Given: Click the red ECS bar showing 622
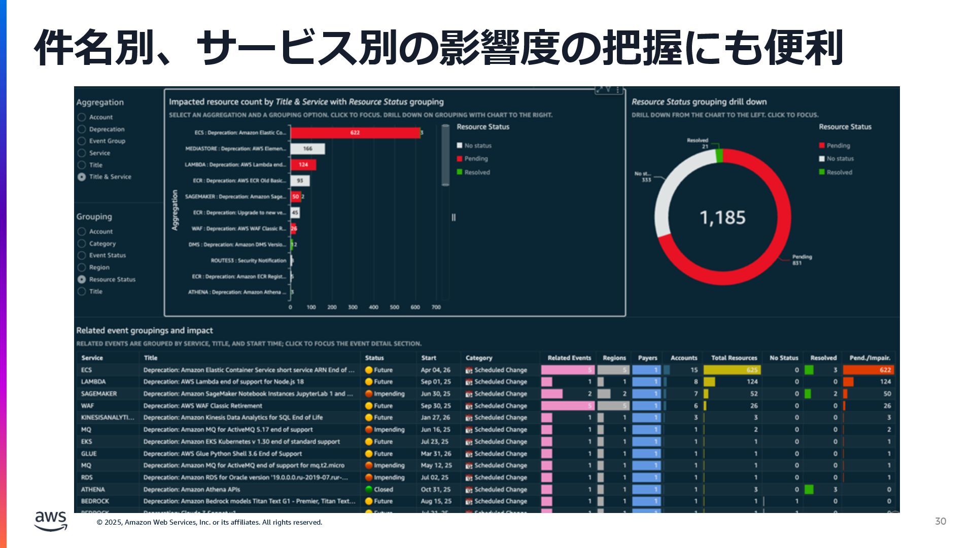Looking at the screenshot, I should click(355, 133).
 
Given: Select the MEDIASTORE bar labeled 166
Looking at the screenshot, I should click(307, 149).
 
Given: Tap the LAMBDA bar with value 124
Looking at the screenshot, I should click(303, 164).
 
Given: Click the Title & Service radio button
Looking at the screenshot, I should click(82, 177).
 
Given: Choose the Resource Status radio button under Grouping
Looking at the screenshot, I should click(82, 280).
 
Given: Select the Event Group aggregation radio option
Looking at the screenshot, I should click(82, 141).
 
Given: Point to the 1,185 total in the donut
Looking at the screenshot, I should click(722, 218).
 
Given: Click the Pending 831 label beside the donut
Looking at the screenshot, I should click(802, 260).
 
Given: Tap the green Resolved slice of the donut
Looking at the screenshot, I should click(719, 155).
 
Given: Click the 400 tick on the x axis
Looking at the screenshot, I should click(373, 307).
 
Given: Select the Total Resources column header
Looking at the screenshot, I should click(734, 358).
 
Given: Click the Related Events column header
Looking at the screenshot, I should click(569, 358).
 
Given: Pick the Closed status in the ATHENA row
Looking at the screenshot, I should click(383, 490).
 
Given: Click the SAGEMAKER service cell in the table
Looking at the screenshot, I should click(99, 394).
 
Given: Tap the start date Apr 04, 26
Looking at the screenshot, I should click(435, 370).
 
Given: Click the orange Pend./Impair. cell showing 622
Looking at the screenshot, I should click(868, 370).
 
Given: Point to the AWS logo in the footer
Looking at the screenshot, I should click(51, 521).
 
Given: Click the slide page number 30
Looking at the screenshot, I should click(940, 522).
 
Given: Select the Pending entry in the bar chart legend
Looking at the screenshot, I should click(475, 159).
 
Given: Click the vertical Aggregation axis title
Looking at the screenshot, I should click(175, 210).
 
